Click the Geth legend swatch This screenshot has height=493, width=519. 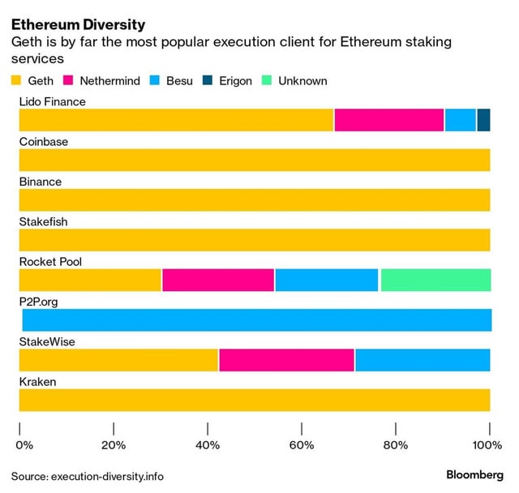[16, 81]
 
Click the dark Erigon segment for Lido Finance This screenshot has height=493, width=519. [483, 119]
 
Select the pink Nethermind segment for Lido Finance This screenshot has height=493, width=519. [388, 119]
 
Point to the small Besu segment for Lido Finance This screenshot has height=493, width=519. [461, 119]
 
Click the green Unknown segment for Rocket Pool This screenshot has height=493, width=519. [435, 280]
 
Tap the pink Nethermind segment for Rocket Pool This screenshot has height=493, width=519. [218, 280]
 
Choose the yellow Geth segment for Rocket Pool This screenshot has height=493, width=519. [90, 280]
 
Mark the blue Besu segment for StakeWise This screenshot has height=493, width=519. [422, 360]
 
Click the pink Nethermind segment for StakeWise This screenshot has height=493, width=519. [286, 360]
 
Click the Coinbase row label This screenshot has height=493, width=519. [44, 142]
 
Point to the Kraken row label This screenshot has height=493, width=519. [38, 382]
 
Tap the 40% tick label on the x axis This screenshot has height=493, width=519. [208, 444]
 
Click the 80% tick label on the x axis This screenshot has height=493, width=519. [395, 444]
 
